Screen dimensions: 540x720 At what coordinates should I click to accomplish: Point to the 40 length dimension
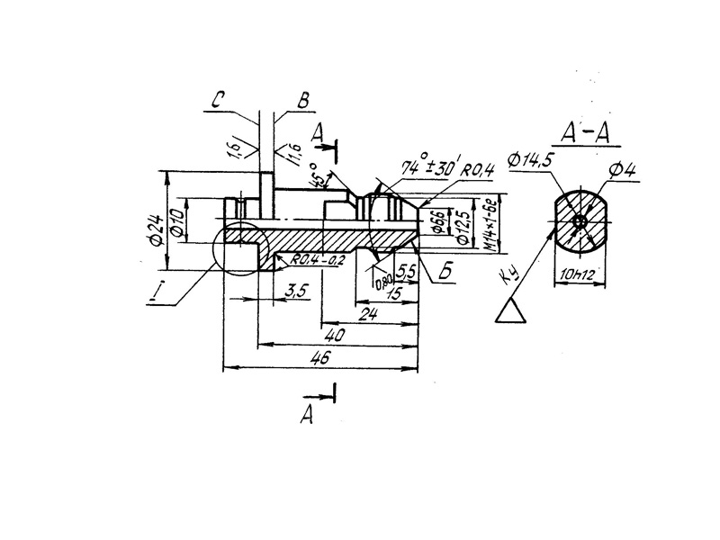336,335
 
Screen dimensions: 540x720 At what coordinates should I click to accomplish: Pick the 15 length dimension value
393,294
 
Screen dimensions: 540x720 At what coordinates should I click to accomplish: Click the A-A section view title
582,132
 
